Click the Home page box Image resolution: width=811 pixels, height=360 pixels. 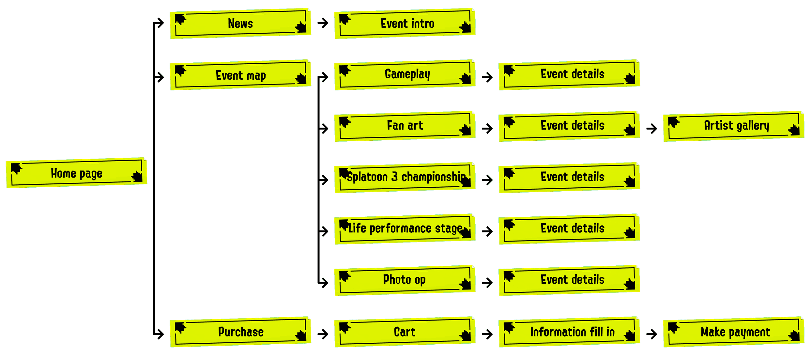pyautogui.click(x=76, y=173)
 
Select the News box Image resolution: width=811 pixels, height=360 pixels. pyautogui.click(x=240, y=23)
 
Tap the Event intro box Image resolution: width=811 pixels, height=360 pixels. pyautogui.click(x=405, y=23)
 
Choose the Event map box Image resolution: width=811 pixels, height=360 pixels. pyautogui.click(x=240, y=75)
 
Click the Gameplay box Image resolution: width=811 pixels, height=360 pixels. pyautogui.click(x=405, y=75)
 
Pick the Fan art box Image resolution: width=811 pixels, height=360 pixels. pyautogui.click(x=405, y=126)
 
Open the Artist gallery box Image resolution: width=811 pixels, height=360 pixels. pyautogui.click(x=734, y=126)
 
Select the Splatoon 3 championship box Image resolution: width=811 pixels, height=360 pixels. pyautogui.click(x=405, y=178)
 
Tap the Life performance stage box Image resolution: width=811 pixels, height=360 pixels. pyautogui.click(x=405, y=229)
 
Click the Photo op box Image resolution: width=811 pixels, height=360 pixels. pyautogui.click(x=405, y=280)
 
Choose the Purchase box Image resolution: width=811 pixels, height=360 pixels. pyautogui.click(x=240, y=332)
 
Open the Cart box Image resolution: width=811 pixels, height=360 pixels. pyautogui.click(x=405, y=332)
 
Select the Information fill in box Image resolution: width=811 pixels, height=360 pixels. pyautogui.click(x=569, y=332)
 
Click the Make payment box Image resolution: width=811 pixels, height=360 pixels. pyautogui.click(x=734, y=332)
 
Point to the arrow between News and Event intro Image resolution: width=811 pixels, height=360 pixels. pyautogui.click(x=323, y=23)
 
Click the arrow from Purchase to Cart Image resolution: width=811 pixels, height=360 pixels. pyautogui.click(x=323, y=334)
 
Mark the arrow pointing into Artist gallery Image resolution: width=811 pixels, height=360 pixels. pyautogui.click(x=651, y=128)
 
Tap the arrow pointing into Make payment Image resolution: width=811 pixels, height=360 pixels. pyautogui.click(x=651, y=334)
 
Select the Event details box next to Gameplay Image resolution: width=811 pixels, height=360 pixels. pyautogui.click(x=569, y=75)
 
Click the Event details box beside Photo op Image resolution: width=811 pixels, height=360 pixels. pyautogui.click(x=569, y=280)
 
